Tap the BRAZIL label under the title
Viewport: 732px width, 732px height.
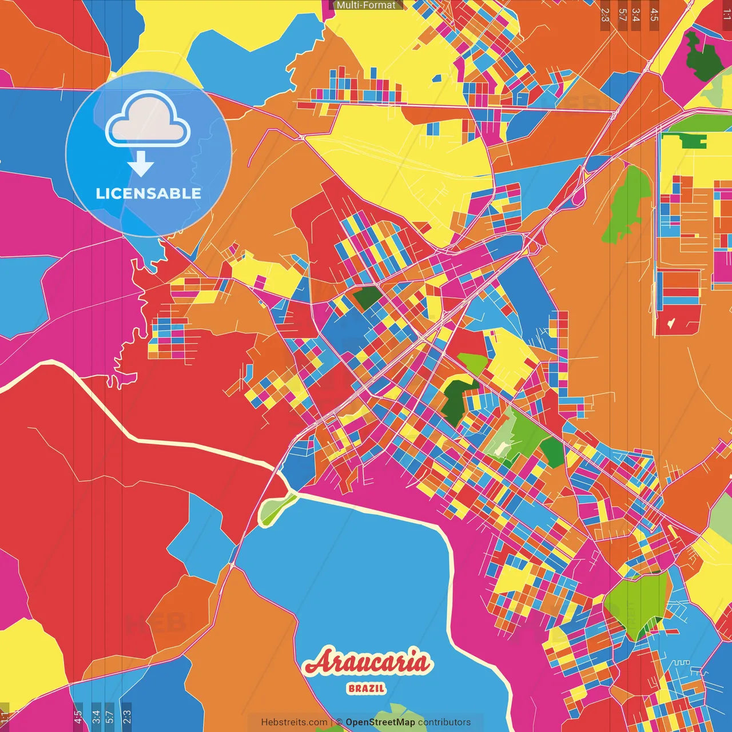tap(367, 689)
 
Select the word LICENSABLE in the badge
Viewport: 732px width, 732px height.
tap(149, 193)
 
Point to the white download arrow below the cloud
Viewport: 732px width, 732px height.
tap(141, 164)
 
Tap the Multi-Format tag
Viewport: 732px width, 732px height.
tap(366, 5)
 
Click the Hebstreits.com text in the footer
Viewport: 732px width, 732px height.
tap(294, 722)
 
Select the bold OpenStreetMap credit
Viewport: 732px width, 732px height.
tap(380, 722)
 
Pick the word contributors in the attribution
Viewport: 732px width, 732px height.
tap(444, 722)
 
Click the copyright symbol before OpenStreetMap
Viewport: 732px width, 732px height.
tap(339, 722)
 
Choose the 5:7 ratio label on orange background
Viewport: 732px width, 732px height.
tap(622, 15)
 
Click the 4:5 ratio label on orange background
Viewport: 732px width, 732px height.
tap(654, 15)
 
